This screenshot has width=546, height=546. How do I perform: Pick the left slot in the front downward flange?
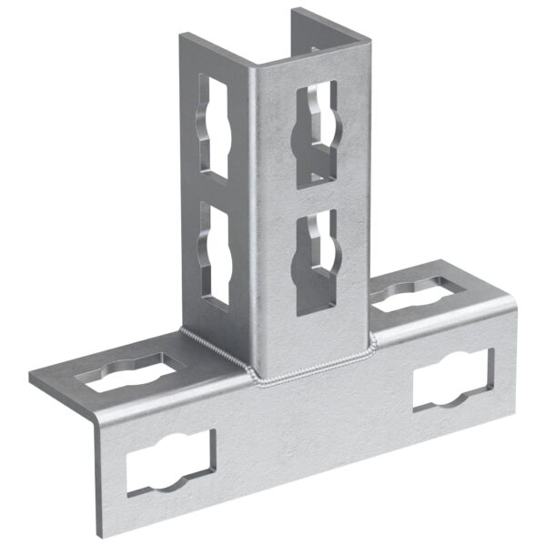(x=169, y=461)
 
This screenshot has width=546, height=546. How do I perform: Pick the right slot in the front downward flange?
(x=452, y=378)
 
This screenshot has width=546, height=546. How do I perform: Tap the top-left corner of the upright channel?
(x=183, y=36)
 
